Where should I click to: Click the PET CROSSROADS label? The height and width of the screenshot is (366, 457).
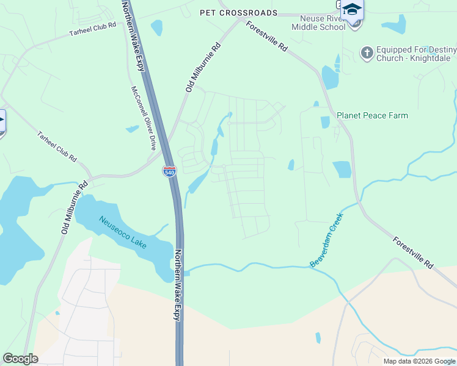click(238, 13)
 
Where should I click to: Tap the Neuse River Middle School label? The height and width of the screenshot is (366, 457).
click(318, 23)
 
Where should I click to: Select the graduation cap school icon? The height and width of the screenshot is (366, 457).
click(352, 9)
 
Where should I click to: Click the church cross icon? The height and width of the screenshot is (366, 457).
click(367, 53)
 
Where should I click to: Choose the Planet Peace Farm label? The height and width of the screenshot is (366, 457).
click(372, 115)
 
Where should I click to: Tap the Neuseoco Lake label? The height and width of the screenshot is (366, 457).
click(123, 232)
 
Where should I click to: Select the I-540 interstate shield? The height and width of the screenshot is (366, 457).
click(169, 171)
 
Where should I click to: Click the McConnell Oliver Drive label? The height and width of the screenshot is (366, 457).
click(144, 118)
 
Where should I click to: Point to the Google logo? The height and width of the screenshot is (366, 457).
click(20, 358)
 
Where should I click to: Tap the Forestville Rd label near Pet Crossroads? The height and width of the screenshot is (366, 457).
click(267, 37)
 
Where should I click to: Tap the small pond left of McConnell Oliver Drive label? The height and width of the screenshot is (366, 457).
click(132, 129)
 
